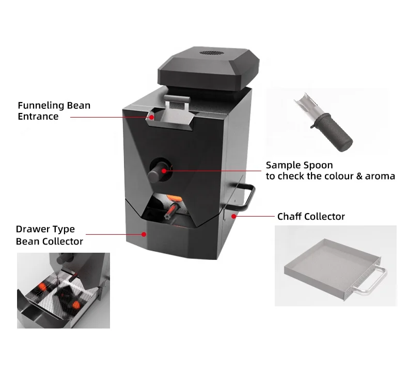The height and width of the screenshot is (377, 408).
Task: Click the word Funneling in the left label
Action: (x=41, y=106)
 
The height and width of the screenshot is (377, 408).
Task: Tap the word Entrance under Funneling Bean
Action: (x=38, y=117)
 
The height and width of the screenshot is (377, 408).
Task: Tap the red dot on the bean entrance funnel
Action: (x=152, y=118)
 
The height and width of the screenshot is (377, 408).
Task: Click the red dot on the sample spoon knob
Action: (x=164, y=170)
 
